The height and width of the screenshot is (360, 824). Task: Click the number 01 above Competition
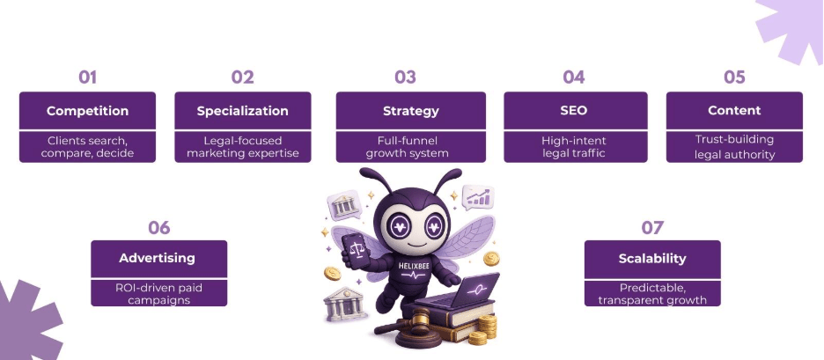[87, 77]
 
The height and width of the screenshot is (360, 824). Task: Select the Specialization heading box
[242, 111]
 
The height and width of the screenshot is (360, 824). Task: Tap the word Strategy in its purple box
[410, 111]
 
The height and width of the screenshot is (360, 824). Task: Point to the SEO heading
[575, 111]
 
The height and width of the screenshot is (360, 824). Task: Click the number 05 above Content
[734, 77]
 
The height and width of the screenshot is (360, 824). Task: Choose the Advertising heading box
[158, 259]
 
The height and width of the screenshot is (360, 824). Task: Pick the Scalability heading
[652, 259]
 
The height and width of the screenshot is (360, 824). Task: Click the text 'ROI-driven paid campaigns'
[158, 293]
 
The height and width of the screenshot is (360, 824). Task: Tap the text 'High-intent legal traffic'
[575, 147]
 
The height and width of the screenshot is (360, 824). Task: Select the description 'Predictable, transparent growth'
[652, 293]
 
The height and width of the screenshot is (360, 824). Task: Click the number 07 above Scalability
[652, 228]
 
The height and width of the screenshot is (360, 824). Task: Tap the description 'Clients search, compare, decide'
[87, 147]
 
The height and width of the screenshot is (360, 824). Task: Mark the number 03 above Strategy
[405, 77]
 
